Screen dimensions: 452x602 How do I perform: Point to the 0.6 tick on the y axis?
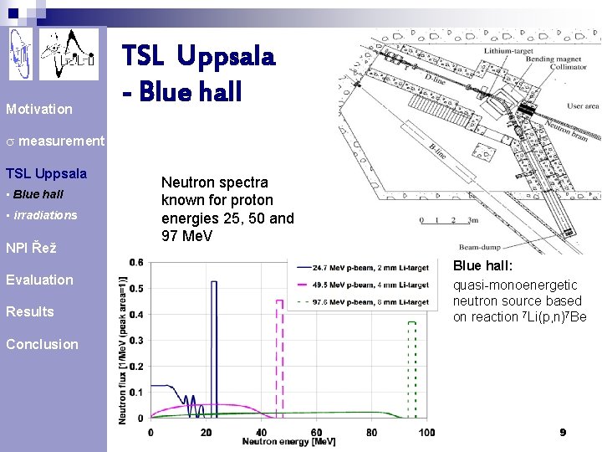(135, 262)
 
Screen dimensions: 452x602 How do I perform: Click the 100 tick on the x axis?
(426, 432)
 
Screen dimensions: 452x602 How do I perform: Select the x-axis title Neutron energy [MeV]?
(288, 441)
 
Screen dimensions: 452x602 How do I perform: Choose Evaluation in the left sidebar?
(39, 280)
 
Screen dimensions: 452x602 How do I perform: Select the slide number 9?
(563, 432)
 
